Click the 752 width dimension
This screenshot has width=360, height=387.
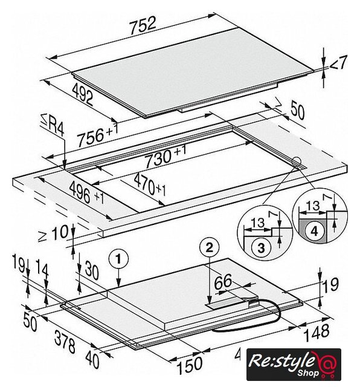point(143,25)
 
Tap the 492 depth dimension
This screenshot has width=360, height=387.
point(83,94)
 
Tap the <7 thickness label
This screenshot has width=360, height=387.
point(338,62)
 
